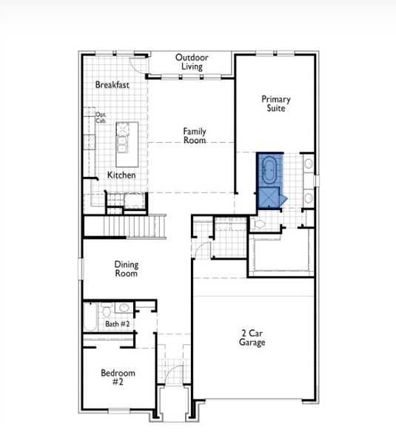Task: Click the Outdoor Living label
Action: [192, 62]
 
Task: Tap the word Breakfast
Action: [113, 85]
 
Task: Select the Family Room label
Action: [195, 136]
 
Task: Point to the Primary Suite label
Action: [275, 104]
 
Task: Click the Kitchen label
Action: [121, 175]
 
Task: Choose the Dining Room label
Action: [126, 269]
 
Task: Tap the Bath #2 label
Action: [117, 324]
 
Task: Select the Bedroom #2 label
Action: [117, 377]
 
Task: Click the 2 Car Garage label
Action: [252, 338]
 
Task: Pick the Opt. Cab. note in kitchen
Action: [101, 118]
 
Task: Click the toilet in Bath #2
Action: [106, 309]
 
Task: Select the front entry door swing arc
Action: [172, 374]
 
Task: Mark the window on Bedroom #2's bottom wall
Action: [118, 410]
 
